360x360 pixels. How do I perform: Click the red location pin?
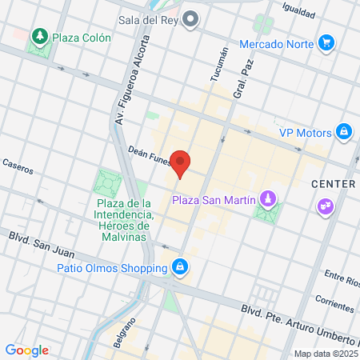182,163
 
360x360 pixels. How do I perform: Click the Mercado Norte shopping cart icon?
326,42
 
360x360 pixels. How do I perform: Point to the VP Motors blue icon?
343,132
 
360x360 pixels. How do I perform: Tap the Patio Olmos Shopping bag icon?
182,266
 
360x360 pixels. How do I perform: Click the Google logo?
26,350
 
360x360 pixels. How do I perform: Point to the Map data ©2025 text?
323,354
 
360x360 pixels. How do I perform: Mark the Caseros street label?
18,164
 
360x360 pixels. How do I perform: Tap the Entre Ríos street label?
340,276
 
